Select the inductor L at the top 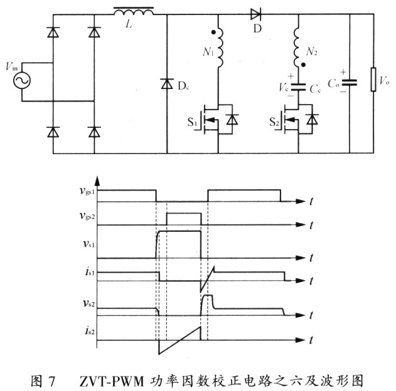[134, 12]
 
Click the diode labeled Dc [167, 83]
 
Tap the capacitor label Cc [316, 90]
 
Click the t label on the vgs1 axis [311, 201]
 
